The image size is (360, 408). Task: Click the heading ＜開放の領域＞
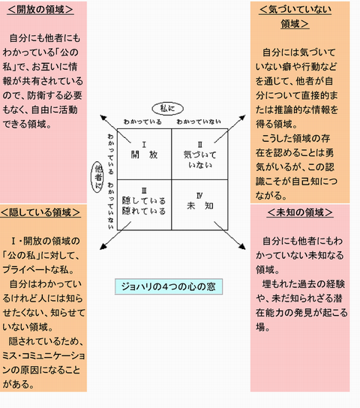(40, 10)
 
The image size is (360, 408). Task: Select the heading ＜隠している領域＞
(40, 212)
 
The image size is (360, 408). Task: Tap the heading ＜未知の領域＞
(300, 212)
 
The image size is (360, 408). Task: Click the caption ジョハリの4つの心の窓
(169, 286)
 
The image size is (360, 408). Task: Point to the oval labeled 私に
(167, 109)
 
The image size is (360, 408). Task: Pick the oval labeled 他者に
(97, 177)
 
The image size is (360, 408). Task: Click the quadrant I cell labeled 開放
(144, 154)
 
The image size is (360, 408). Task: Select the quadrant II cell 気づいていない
(199, 154)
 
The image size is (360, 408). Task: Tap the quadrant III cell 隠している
(144, 205)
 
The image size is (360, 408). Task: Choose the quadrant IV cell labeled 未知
(199, 205)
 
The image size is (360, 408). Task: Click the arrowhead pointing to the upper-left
(103, 118)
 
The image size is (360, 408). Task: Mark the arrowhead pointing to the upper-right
(242, 118)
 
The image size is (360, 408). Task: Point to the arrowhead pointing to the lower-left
(103, 247)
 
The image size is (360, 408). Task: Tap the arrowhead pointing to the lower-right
(242, 247)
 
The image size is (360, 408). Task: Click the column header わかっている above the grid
(142, 121)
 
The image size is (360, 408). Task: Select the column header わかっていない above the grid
(199, 121)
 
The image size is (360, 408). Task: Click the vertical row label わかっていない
(111, 205)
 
